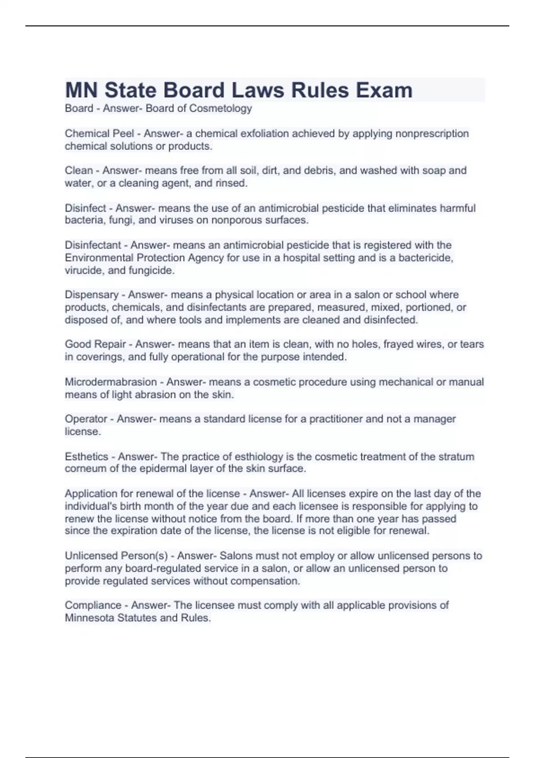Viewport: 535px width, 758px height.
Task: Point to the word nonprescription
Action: pos(431,133)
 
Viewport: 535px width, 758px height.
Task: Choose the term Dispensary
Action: pos(91,295)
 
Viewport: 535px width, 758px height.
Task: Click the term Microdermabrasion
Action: pos(111,382)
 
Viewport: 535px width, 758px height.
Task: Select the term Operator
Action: pos(86,419)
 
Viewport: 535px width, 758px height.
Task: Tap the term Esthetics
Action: pos(86,457)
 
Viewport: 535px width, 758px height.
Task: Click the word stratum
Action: pos(456,457)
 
